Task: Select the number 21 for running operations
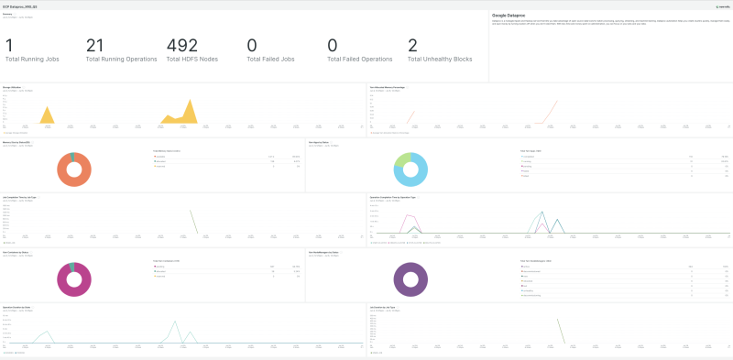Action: [95, 46]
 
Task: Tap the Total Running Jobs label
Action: [33, 60]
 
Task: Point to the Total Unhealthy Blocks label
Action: [442, 60]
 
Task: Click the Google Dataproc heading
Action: [515, 16]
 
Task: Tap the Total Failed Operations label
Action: [363, 60]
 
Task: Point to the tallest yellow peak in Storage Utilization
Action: [191, 103]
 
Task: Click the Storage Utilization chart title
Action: [18, 88]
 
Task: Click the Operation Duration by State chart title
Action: [23, 306]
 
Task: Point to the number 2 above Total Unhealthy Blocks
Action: [413, 46]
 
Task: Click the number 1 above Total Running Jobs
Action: [9, 46]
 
